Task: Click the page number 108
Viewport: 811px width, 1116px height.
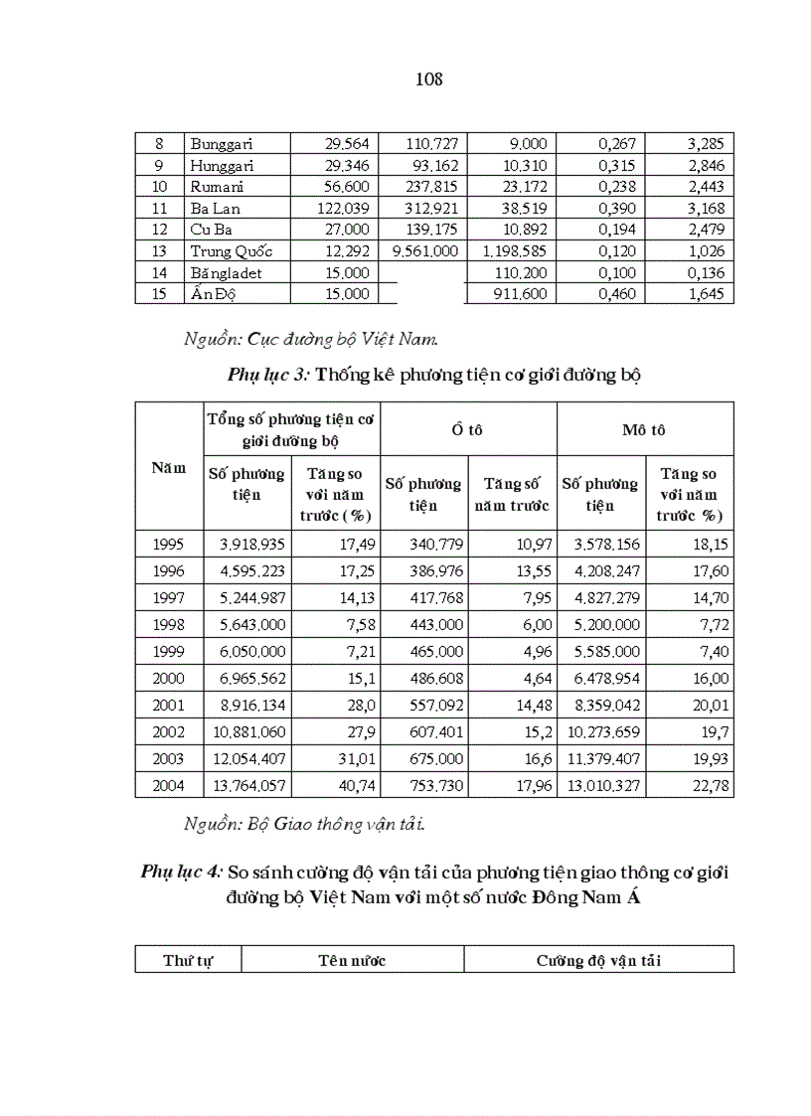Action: [428, 80]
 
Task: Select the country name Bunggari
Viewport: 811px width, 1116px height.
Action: [222, 144]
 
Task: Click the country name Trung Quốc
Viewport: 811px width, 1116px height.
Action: [231, 251]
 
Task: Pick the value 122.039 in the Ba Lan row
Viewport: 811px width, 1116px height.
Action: [343, 209]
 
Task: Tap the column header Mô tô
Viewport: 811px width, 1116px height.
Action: [644, 429]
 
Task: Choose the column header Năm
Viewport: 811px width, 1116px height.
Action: [169, 467]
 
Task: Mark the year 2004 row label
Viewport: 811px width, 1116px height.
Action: [169, 786]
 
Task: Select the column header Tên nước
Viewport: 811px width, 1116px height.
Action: [352, 961]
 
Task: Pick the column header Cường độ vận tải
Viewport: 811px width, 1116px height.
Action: [598, 961]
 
